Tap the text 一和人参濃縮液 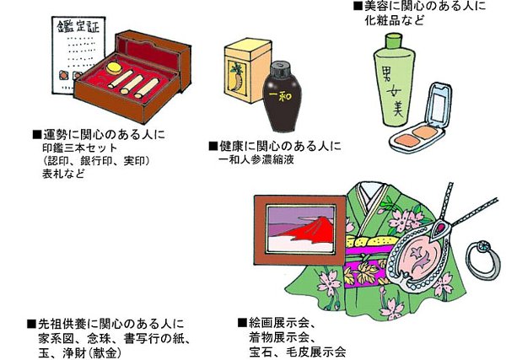point(259,160)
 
